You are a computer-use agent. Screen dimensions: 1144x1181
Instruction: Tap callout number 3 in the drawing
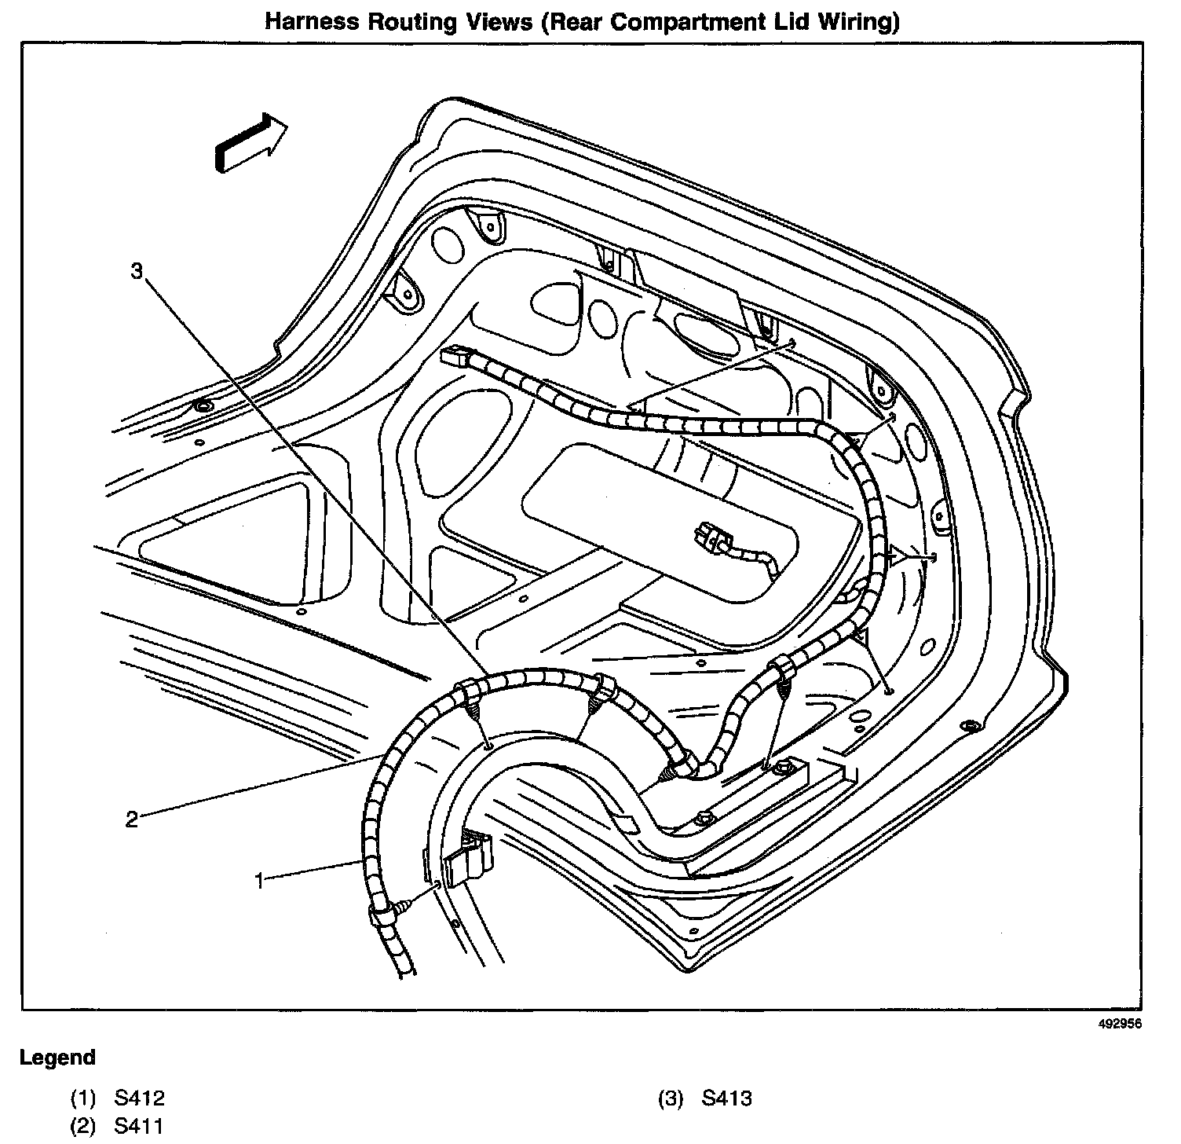click(x=137, y=271)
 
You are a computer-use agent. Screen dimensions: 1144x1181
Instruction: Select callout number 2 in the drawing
click(x=131, y=819)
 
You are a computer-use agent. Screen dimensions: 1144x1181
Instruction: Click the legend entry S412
click(x=140, y=1098)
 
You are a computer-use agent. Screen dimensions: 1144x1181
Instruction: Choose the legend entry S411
click(x=139, y=1126)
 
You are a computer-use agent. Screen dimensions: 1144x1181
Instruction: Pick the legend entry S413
click(x=726, y=1098)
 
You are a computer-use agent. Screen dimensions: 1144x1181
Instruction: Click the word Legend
click(x=57, y=1058)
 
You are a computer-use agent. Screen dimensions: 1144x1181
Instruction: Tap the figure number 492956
click(x=1120, y=1024)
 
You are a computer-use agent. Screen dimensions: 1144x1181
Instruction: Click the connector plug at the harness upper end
click(x=455, y=357)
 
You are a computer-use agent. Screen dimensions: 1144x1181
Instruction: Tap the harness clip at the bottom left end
click(x=380, y=915)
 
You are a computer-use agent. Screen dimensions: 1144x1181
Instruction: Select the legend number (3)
click(x=671, y=1098)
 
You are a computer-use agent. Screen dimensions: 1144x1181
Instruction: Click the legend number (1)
click(x=83, y=1098)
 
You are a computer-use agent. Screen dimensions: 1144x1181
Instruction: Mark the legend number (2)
click(x=83, y=1126)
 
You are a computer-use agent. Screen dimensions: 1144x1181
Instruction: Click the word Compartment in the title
click(x=675, y=21)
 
